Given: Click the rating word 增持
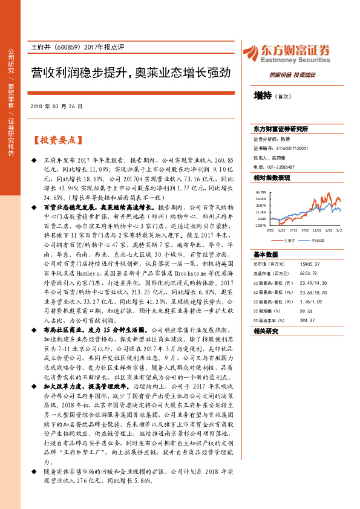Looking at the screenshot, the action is (x=263, y=95).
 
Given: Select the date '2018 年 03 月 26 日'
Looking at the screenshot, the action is (x=56, y=106).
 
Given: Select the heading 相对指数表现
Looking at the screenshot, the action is (x=272, y=178).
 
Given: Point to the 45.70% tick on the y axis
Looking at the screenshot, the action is (x=261, y=192).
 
